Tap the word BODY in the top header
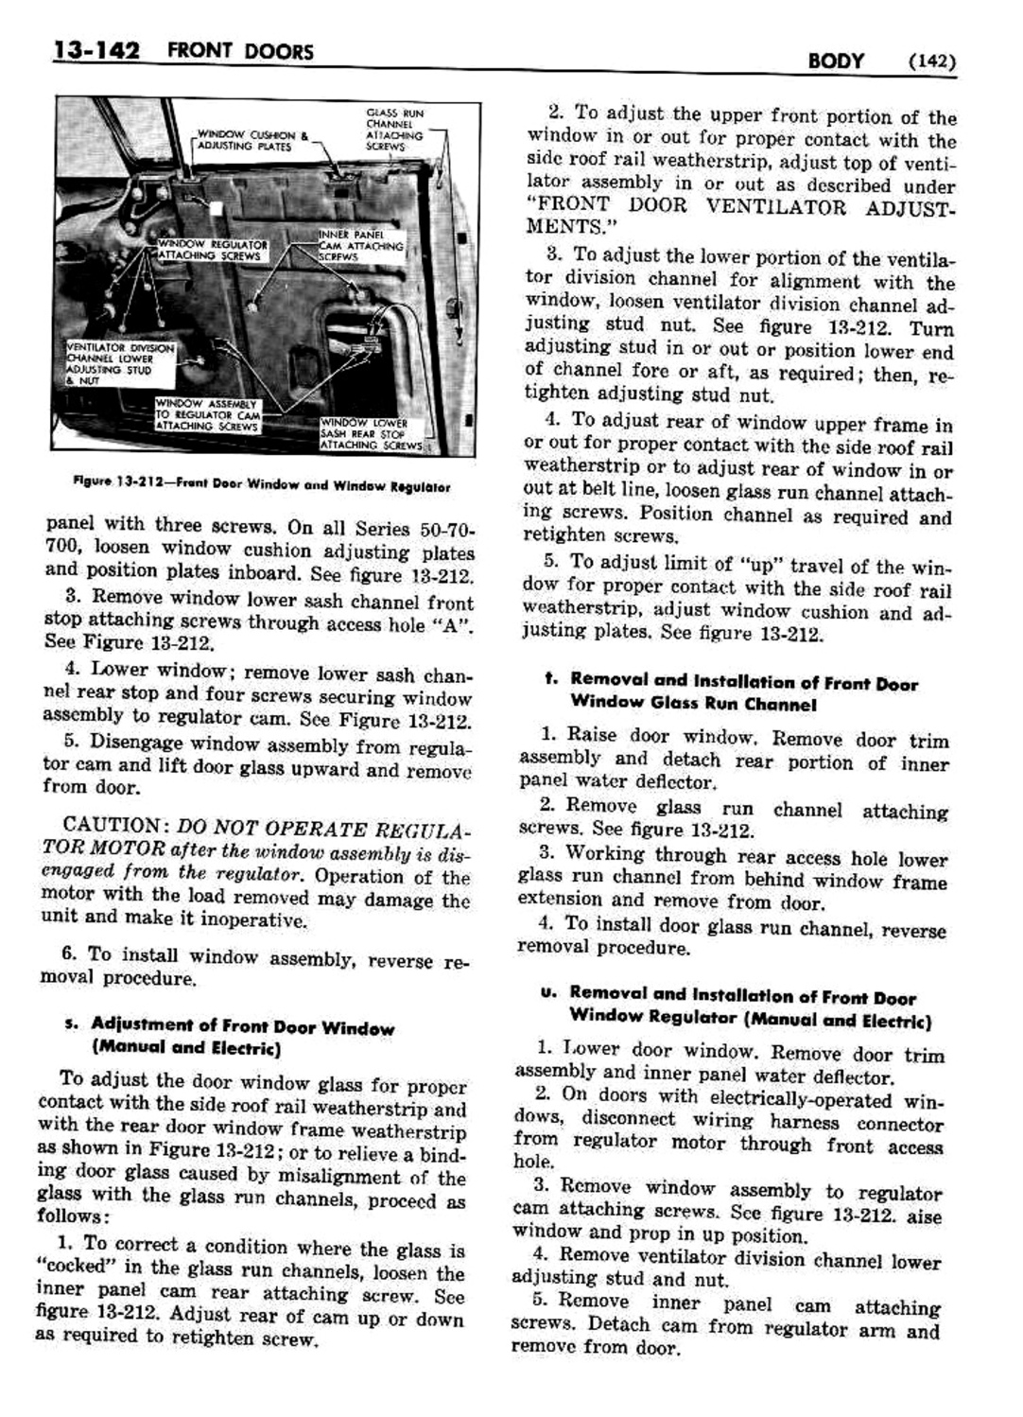coord(836,61)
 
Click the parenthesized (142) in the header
coord(931,62)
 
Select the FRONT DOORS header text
coord(239,51)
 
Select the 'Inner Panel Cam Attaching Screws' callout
coord(360,245)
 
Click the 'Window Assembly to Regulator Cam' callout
coord(208,415)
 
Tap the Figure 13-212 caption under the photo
coord(261,486)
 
